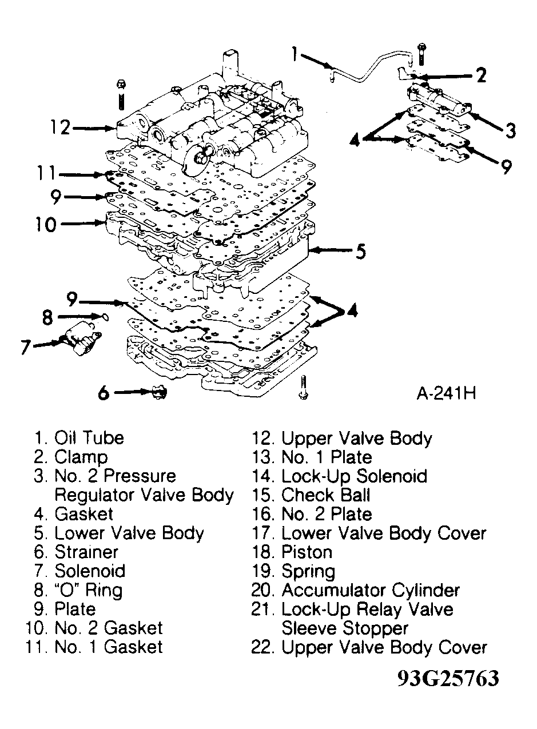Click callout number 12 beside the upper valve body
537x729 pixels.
tap(61, 128)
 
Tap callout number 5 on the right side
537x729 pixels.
tap(360, 251)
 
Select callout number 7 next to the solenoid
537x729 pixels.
tap(26, 347)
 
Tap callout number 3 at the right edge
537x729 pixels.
tap(511, 130)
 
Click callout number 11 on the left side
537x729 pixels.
tap(46, 173)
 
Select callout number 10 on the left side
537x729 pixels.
tap(46, 225)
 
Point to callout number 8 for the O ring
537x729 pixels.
tap(47, 317)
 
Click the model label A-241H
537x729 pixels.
tap(446, 393)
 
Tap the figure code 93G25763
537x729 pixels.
tap(448, 678)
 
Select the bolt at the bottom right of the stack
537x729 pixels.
tap(303, 387)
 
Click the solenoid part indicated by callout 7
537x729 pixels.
tap(81, 338)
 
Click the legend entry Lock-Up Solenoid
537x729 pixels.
tap(354, 477)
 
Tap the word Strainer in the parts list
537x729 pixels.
tap(86, 552)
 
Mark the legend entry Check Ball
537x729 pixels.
tap(326, 496)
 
